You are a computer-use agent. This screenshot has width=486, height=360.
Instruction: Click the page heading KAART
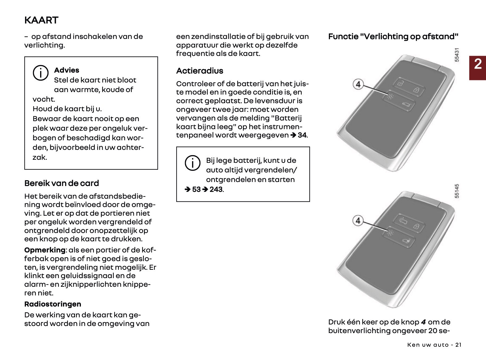[x=41, y=20]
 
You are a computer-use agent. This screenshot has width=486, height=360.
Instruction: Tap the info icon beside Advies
[x=40, y=73]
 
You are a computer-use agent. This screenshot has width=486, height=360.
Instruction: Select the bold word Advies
[x=66, y=70]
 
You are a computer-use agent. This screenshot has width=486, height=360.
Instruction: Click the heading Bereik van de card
[x=61, y=183]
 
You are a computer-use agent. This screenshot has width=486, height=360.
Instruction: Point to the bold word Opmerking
[x=45, y=250]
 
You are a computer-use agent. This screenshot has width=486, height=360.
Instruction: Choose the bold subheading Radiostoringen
[x=52, y=304]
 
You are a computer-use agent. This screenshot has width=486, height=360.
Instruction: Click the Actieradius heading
[x=199, y=71]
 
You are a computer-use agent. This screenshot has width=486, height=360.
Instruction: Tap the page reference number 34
[x=302, y=135]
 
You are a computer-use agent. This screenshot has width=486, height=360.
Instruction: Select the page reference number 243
[x=216, y=189]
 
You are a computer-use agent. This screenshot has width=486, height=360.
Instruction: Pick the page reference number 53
[x=196, y=189]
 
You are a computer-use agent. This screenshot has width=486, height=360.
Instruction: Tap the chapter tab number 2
[x=477, y=64]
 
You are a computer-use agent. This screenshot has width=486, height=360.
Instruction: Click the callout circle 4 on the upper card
[x=358, y=84]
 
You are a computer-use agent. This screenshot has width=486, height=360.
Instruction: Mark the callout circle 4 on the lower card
[x=358, y=221]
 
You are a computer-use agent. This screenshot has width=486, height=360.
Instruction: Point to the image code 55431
[x=457, y=55]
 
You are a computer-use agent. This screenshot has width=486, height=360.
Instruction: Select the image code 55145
[x=457, y=191]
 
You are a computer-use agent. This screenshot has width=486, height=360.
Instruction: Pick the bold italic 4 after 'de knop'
[x=423, y=322]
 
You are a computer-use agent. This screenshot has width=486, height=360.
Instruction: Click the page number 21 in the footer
[x=458, y=345]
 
